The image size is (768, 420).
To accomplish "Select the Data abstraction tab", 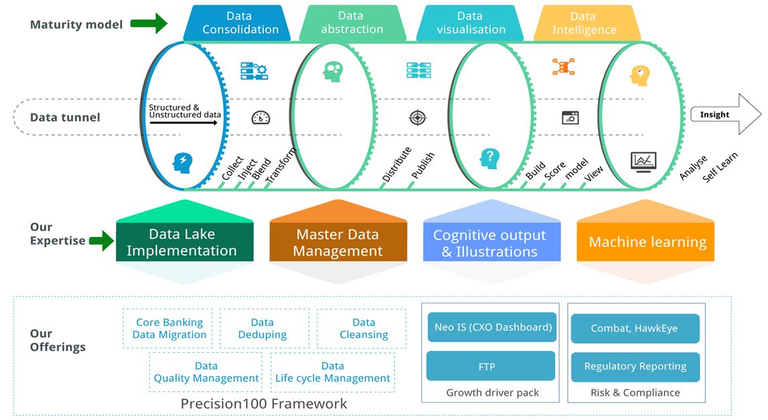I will coord(351,23).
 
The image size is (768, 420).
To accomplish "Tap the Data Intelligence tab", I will coord(583,23).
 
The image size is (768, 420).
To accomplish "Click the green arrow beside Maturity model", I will coord(148,24).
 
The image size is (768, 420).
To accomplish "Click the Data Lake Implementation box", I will coord(182,243).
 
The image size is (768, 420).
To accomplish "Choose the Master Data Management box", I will coord(338,243).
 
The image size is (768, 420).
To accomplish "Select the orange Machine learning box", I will coord(647,242).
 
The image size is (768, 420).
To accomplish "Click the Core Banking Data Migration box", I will coord(168,329).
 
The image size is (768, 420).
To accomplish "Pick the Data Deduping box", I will coord(262,329).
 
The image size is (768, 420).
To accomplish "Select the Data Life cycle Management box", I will coord(332,372).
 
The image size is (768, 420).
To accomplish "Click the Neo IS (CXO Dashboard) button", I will coord(492,327).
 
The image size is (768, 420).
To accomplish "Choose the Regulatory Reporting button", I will coord(635,366).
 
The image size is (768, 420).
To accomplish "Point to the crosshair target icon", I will coord(418,118).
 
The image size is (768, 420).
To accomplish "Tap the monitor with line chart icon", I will coord(643,162).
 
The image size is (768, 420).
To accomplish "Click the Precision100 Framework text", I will coord(264,403).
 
